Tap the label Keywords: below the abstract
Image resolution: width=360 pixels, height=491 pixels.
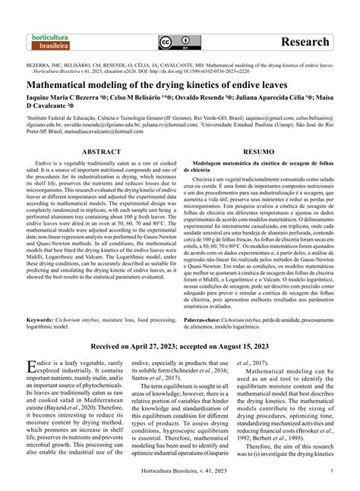tap(43, 322)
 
